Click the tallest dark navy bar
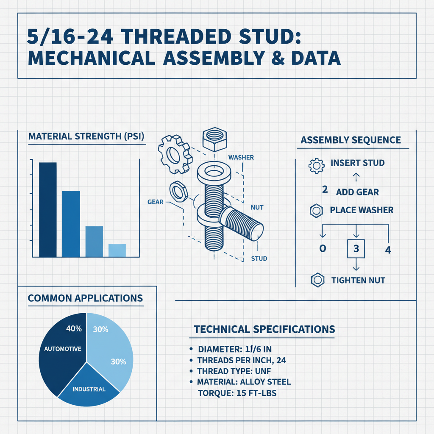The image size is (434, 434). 47,210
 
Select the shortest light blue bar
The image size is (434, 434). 117,250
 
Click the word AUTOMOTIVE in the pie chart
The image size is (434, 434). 63,349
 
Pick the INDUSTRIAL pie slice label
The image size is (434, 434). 89,389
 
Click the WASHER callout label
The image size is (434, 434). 241,158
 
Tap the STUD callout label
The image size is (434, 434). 259,258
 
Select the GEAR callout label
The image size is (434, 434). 156,202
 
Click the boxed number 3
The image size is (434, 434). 356,249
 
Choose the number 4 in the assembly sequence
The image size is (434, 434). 387,250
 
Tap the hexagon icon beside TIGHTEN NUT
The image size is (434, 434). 316,280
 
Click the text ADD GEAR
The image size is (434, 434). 357,192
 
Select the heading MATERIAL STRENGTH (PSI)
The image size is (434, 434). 86,137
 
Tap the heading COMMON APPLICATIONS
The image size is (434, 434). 85,298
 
